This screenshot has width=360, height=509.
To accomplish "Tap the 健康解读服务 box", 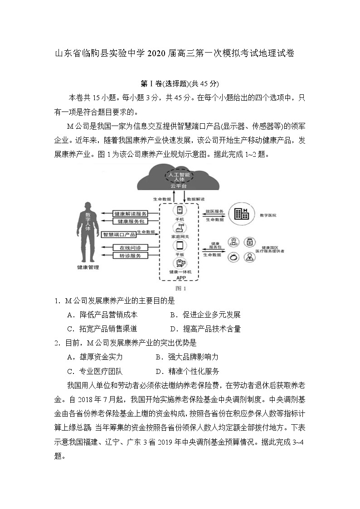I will click(130, 213).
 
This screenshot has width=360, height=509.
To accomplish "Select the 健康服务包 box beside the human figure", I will click(130, 221).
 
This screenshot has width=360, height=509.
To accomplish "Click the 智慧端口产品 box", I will click(118, 234).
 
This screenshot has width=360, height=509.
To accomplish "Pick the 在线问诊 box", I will click(130, 247).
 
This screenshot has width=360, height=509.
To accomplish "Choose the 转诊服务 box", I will click(130, 256).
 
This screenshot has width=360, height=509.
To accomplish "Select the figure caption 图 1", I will click(180, 288).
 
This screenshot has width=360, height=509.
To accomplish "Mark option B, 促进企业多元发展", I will click(206, 315).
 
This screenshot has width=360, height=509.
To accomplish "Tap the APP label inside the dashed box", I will click(180, 277).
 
